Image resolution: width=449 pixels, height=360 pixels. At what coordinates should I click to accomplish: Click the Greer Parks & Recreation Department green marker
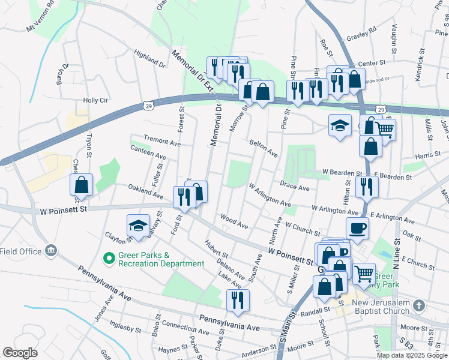pos(109,259)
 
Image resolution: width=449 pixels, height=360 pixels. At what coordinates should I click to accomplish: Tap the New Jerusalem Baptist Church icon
pos(419,306)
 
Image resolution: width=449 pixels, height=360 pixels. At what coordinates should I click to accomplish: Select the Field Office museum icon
pos(51,250)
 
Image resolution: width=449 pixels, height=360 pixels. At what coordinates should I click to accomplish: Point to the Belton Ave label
pos(264,148)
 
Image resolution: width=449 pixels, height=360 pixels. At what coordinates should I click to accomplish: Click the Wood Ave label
pos(234,221)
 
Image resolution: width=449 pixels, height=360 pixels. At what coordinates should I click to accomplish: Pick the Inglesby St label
pos(125,329)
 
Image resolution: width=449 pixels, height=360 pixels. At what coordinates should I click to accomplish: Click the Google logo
pos(20,353)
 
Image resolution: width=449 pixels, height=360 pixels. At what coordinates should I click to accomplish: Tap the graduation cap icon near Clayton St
pos(138,226)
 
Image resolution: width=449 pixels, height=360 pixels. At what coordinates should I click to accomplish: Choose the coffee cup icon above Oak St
pos(358,228)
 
